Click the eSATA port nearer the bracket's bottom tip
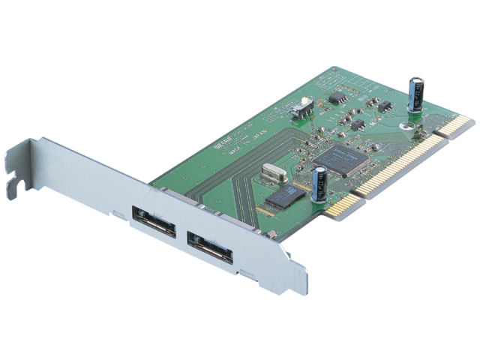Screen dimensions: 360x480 (211, 248)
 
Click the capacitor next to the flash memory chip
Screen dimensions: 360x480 (319, 184)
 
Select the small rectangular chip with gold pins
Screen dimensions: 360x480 (283, 196)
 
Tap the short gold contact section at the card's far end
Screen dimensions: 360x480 (457, 126)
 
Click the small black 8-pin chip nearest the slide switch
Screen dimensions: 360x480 (337, 97)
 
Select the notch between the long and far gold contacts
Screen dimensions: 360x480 (439, 137)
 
